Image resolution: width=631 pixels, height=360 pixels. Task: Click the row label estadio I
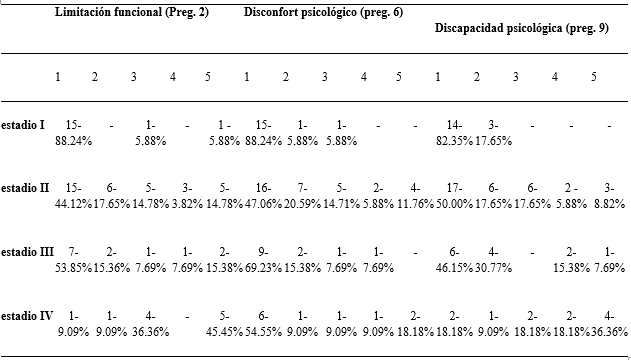pyautogui.click(x=23, y=125)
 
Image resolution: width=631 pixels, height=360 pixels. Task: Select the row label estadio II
pyautogui.click(x=25, y=188)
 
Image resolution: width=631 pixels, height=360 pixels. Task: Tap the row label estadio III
pyautogui.click(x=27, y=252)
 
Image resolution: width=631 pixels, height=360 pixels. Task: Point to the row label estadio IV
pyautogui.click(x=27, y=316)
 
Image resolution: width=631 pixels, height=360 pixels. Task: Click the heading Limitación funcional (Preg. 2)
pyautogui.click(x=132, y=12)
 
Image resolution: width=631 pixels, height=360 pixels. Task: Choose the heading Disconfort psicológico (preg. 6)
pyautogui.click(x=323, y=12)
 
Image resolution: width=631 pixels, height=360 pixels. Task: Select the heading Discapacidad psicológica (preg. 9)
pyautogui.click(x=522, y=28)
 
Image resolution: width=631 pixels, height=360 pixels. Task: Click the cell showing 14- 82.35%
pyautogui.click(x=454, y=133)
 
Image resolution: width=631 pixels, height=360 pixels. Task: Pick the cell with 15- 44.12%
pyautogui.click(x=74, y=196)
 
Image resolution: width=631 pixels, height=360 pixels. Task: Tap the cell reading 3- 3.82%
pyautogui.click(x=187, y=196)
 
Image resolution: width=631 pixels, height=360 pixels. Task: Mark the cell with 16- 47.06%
pyautogui.click(x=263, y=196)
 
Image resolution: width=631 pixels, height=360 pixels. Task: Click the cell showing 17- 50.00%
pyautogui.click(x=454, y=196)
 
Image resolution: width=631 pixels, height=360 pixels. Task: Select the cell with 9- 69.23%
pyautogui.click(x=263, y=260)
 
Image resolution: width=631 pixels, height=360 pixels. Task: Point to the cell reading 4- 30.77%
pyautogui.click(x=493, y=260)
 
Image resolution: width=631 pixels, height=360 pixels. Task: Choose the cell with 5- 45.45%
pyautogui.click(x=225, y=324)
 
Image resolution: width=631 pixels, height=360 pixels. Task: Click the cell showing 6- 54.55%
pyautogui.click(x=263, y=324)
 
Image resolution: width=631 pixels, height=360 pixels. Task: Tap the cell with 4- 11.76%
pyautogui.click(x=416, y=196)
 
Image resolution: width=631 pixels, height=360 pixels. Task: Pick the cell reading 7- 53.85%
pyautogui.click(x=74, y=260)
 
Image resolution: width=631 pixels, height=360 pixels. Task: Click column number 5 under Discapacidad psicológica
pyautogui.click(x=594, y=77)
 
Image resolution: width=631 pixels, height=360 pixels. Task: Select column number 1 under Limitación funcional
pyautogui.click(x=58, y=77)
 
